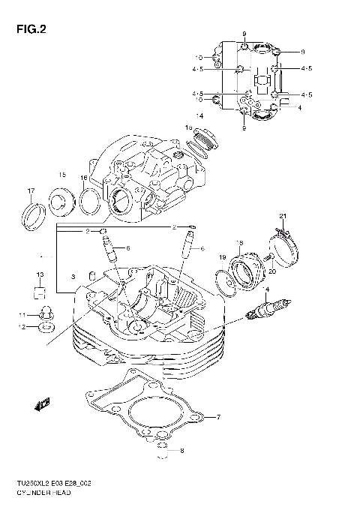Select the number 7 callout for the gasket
pyautogui.click(x=218, y=417)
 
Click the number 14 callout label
pyautogui.click(x=199, y=116)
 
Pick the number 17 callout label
pyautogui.click(x=31, y=190)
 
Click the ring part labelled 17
pyautogui.click(x=34, y=214)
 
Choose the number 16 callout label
pyautogui.click(x=84, y=178)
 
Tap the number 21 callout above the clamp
pyautogui.click(x=283, y=217)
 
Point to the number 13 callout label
pyautogui.click(x=41, y=274)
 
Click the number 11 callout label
pyautogui.click(x=23, y=314)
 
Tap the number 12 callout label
pyautogui.click(x=23, y=327)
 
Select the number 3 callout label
pyautogui.click(x=73, y=278)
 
